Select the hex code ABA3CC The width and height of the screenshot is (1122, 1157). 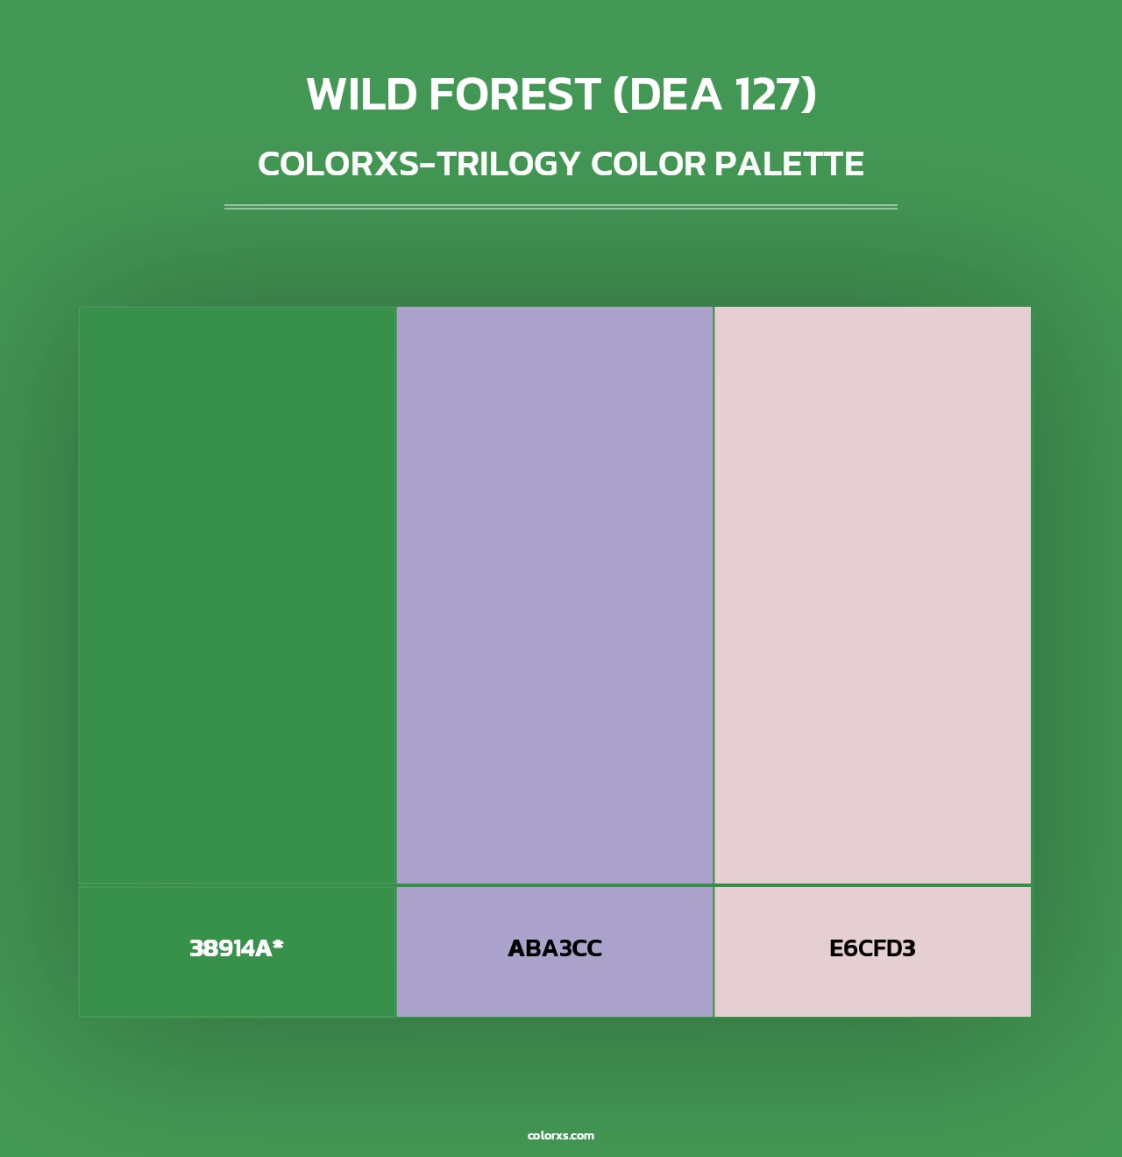click(555, 948)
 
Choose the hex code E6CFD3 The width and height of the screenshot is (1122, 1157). click(872, 948)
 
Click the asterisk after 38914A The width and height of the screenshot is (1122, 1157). click(278, 945)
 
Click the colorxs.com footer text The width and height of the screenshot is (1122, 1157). click(561, 1135)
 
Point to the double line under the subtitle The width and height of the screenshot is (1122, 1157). click(561, 207)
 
